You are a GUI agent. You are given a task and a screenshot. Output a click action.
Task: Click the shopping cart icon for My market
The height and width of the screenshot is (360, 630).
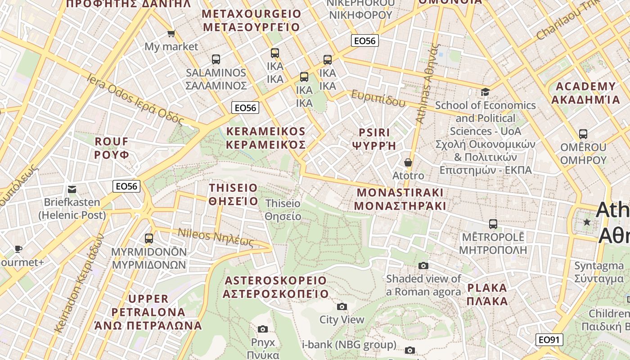point(171,33)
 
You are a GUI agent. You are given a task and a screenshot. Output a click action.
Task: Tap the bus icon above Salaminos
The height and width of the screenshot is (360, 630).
point(216,59)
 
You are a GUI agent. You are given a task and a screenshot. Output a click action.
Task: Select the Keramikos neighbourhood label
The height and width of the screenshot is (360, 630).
point(265,138)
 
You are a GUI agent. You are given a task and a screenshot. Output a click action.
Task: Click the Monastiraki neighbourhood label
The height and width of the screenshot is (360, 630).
point(400,199)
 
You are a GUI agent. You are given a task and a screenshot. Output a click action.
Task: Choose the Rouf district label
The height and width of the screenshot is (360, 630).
point(112,148)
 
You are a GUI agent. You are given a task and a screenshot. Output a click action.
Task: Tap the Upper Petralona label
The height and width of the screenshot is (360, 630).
point(148,312)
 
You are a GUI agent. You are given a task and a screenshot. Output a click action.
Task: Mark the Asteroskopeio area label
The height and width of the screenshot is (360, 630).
point(276,287)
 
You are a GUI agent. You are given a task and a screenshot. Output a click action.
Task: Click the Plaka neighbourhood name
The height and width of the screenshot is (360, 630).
point(487,294)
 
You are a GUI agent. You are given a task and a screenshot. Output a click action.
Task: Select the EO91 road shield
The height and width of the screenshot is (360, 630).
point(549,339)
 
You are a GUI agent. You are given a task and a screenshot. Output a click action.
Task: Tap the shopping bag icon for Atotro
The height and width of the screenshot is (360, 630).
point(408,162)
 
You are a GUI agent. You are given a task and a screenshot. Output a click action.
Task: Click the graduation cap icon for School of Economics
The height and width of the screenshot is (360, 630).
point(485,92)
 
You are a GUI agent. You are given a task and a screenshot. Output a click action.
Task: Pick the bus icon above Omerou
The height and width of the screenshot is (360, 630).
point(583,134)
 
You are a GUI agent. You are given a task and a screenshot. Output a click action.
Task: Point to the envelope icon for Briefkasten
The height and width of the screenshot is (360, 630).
point(72,189)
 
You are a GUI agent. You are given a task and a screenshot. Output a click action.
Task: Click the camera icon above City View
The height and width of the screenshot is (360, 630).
point(342,306)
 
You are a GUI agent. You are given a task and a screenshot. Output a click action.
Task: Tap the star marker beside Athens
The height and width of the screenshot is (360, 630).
point(587,222)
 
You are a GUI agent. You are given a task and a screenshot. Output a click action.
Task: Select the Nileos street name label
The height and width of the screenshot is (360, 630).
point(216,238)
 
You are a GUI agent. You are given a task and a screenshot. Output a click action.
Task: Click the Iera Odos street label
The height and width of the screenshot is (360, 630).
point(135,100)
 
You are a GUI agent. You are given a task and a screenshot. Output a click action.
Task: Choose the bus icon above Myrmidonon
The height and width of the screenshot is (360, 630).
point(148,238)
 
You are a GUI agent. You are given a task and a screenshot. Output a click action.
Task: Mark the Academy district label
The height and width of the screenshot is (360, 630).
point(585,93)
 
